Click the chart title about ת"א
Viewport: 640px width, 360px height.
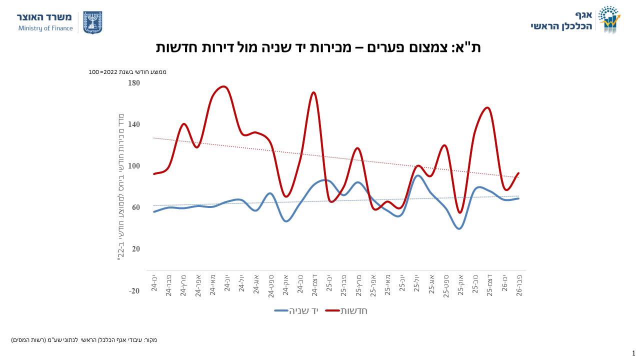tap(318, 47)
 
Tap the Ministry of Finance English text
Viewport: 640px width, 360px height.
tap(45, 28)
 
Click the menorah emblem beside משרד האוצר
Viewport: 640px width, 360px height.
tap(92, 22)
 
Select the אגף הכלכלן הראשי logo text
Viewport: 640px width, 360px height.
tap(561, 20)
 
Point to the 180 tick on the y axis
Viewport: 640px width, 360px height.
tap(134, 83)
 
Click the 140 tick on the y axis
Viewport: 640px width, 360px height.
tap(134, 124)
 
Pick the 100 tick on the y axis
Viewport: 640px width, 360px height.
tap(134, 166)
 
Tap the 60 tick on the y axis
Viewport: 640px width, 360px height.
tap(135, 207)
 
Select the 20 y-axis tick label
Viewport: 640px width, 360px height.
tap(135, 249)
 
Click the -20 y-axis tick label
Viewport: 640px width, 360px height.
tap(134, 291)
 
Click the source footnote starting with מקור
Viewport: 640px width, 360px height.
tap(84, 340)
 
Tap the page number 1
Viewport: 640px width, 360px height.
tap(633, 353)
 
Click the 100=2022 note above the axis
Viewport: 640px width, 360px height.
tap(127, 72)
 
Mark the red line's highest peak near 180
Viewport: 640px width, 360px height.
tap(223, 87)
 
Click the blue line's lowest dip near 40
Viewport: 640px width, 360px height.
tap(459, 228)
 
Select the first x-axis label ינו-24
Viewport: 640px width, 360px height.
tap(154, 282)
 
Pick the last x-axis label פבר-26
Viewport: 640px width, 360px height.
tap(519, 283)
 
